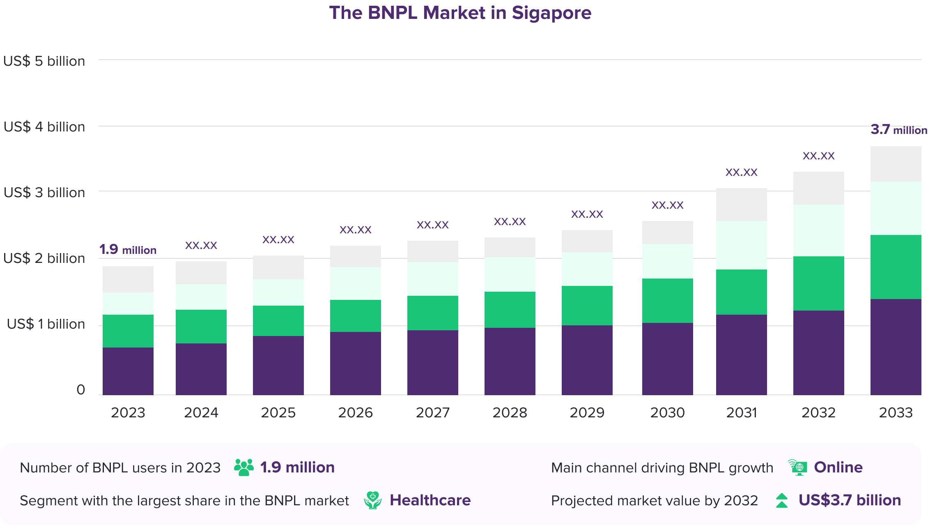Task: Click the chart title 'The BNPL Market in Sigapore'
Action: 460,13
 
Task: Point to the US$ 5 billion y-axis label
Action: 44,61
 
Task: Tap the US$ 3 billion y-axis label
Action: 44,193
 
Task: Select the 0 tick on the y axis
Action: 80,389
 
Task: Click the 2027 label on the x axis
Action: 432,412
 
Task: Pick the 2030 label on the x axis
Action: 667,412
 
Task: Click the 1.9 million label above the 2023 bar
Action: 128,249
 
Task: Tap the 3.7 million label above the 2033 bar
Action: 898,130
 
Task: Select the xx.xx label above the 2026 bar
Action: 355,230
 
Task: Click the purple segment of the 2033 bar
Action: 896,347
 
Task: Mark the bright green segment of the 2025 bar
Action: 278,321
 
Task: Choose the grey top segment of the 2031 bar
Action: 741,205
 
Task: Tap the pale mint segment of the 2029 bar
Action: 587,269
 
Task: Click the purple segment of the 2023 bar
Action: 128,371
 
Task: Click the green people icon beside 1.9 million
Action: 243,467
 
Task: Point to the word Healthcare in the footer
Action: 430,500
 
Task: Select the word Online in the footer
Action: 838,467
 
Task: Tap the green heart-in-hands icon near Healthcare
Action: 372,500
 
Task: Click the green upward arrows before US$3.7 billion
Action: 782,500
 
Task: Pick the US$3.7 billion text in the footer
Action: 850,500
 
